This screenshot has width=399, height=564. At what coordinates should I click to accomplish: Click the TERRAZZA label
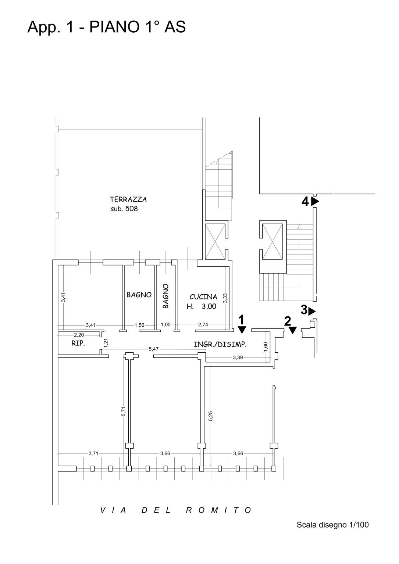(128, 200)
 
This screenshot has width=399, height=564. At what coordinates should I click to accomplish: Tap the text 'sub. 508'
(124, 209)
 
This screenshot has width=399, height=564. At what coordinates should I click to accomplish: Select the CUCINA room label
(203, 297)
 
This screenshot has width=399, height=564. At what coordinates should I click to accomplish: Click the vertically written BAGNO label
(165, 296)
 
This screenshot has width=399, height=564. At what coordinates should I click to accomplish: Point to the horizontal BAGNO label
(139, 295)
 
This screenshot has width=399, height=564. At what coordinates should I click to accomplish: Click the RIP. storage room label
(78, 343)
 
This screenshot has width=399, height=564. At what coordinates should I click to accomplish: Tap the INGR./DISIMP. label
(220, 344)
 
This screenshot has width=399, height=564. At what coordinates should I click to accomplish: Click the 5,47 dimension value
(153, 349)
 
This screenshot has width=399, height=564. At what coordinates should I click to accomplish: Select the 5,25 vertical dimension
(211, 416)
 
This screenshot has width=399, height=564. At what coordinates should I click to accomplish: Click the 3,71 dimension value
(93, 453)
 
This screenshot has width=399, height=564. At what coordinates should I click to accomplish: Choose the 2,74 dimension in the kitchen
(203, 324)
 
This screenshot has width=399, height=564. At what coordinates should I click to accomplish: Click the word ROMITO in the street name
(219, 510)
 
